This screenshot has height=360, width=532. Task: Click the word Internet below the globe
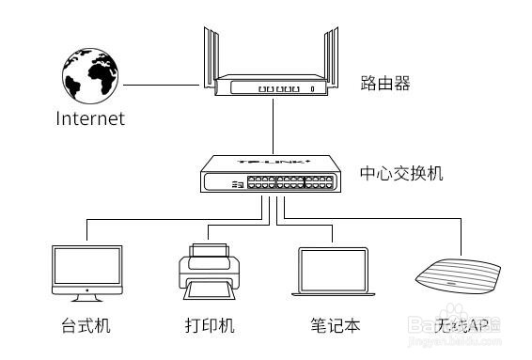90,119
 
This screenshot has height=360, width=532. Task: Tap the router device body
272,86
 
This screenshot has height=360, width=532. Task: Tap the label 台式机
86,326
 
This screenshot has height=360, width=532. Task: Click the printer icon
209,271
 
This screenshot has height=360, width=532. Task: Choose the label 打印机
209,326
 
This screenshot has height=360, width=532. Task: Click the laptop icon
336,274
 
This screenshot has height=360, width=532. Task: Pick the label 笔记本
336,326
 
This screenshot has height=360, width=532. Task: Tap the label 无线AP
462,326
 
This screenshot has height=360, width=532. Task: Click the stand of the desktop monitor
86,296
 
